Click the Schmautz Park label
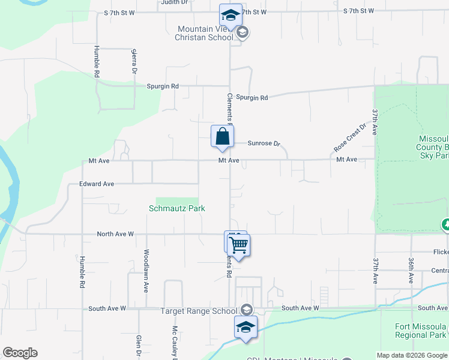pos(177,208)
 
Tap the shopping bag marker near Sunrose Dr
pos(222,136)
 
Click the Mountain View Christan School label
pos(205,34)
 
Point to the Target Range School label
pos(199,311)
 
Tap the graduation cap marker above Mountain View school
pos(230,16)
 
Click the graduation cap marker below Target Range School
pos(246,327)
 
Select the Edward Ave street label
pos(97,184)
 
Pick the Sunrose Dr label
pos(264,143)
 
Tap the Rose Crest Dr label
pos(349,138)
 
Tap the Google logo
pos(20,353)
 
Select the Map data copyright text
pos(412,355)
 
